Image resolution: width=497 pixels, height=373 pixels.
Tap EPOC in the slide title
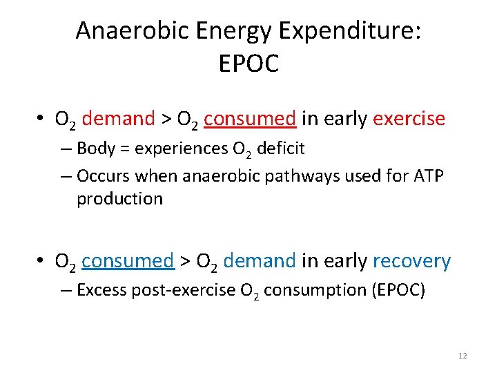pyautogui.click(x=248, y=64)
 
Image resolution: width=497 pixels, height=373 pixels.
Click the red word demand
pyautogui.click(x=118, y=119)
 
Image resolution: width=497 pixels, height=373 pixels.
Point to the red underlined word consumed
pyautogui.click(x=250, y=119)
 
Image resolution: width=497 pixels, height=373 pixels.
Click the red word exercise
pyautogui.click(x=409, y=119)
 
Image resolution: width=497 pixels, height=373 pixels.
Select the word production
pyautogui.click(x=119, y=199)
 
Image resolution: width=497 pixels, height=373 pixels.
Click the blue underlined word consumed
pyautogui.click(x=127, y=261)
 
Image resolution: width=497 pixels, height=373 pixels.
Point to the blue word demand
pyautogui.click(x=260, y=261)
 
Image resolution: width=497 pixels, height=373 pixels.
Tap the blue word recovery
pyautogui.click(x=411, y=261)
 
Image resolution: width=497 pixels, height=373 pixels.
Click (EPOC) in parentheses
pyautogui.click(x=399, y=290)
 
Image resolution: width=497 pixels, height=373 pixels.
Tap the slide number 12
pyautogui.click(x=462, y=356)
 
